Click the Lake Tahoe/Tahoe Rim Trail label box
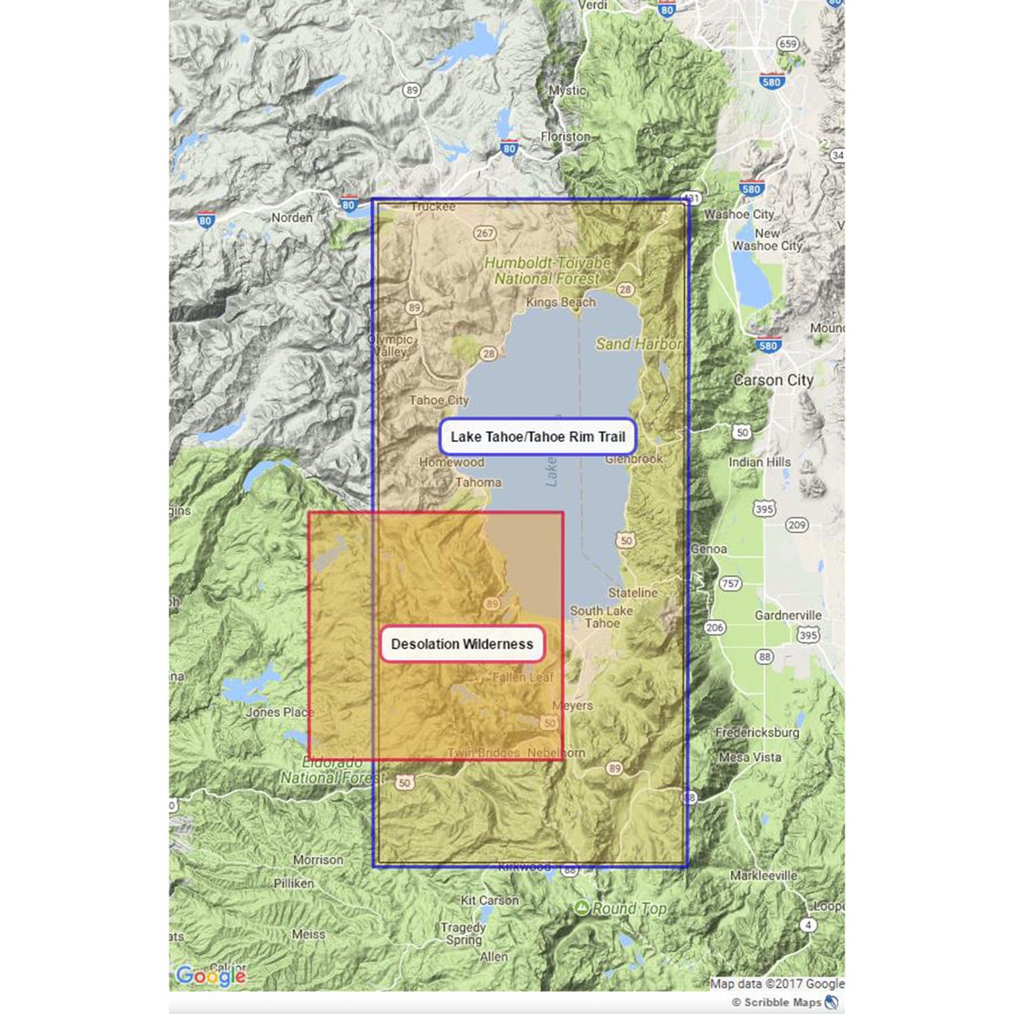click(537, 437)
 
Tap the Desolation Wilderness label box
click(462, 644)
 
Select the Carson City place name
click(773, 380)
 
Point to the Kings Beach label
click(560, 302)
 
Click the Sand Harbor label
click(639, 344)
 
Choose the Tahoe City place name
click(439, 401)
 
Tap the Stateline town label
click(633, 592)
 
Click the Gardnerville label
click(788, 615)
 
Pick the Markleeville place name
click(763, 875)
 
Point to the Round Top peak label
click(629, 908)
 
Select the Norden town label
click(292, 217)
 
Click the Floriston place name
click(565, 136)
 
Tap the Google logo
click(210, 976)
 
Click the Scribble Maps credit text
click(782, 1002)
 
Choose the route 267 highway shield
click(485, 233)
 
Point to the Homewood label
click(452, 462)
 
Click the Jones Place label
click(280, 712)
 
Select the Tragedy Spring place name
click(463, 934)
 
